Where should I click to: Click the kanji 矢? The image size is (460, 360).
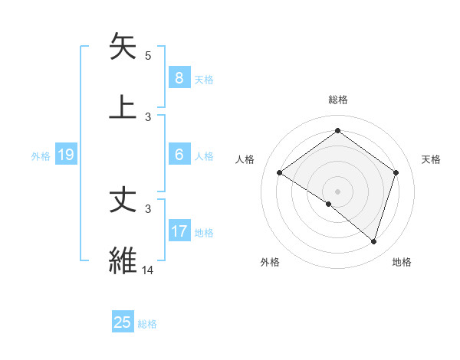click(x=124, y=47)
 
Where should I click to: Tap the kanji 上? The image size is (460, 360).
click(x=124, y=106)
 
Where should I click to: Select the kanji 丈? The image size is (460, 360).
click(x=124, y=201)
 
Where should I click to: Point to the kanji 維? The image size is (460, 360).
click(x=124, y=260)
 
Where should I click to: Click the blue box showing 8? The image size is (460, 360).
click(x=179, y=77)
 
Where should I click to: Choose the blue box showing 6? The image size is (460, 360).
click(x=179, y=155)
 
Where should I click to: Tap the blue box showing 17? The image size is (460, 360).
click(x=179, y=231)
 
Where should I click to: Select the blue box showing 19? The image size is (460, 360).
click(x=66, y=155)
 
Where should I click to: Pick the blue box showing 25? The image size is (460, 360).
click(x=123, y=322)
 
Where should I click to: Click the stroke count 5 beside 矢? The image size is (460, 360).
click(x=148, y=56)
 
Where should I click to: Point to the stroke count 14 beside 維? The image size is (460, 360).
click(x=148, y=270)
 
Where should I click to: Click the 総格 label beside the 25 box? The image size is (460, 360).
click(x=147, y=324)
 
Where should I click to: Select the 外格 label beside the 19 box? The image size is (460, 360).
click(x=41, y=156)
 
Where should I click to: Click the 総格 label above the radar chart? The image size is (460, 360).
click(x=338, y=100)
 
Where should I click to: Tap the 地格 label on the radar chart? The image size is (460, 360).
click(x=402, y=262)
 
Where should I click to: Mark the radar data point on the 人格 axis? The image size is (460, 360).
click(x=280, y=173)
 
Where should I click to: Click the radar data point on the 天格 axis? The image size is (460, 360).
click(x=396, y=172)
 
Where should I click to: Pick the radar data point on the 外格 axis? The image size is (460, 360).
click(x=329, y=205)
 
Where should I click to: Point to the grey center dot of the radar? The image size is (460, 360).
click(x=338, y=191)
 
